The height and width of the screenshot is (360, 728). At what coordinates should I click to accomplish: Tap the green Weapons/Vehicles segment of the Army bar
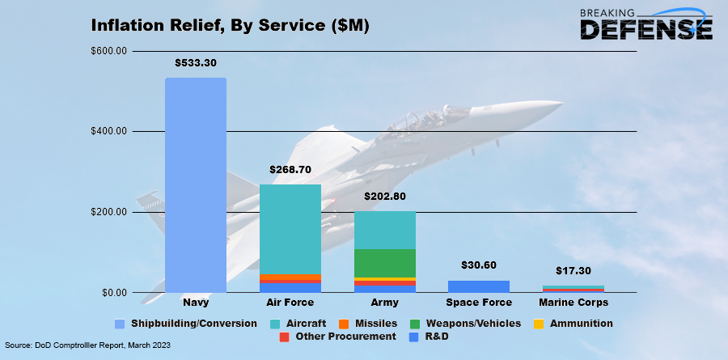(384, 263)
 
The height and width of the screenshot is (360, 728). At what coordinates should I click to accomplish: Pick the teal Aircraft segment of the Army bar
(384, 230)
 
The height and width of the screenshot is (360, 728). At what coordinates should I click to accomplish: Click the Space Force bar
(478, 286)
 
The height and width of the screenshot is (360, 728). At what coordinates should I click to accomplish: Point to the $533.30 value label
(195, 62)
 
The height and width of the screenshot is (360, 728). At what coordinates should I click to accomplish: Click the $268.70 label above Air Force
(290, 170)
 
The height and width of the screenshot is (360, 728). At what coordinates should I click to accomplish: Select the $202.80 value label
(384, 197)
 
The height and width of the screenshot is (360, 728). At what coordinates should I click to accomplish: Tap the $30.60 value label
(478, 265)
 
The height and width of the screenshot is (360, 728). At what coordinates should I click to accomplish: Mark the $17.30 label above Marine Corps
(573, 271)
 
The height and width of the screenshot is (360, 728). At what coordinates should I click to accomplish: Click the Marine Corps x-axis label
(573, 303)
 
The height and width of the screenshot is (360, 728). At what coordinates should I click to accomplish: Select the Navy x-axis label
(195, 303)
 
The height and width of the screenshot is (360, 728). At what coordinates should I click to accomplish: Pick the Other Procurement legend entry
(338, 336)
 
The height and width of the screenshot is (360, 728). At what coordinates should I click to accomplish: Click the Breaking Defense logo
(647, 24)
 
